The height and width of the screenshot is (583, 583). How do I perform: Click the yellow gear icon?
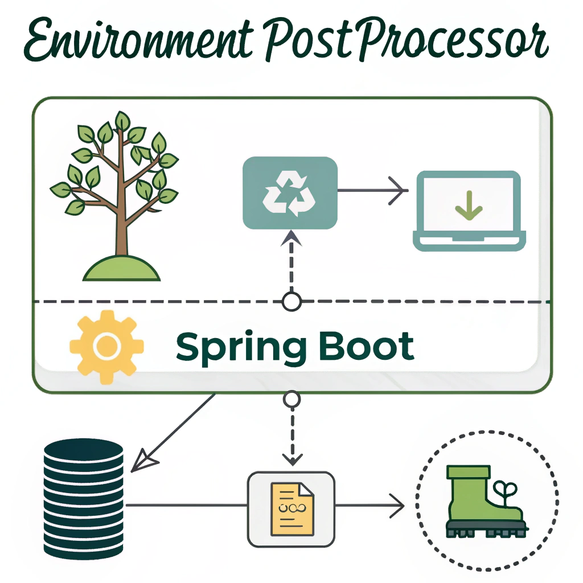[106, 346]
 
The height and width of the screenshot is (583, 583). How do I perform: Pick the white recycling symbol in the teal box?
[290, 194]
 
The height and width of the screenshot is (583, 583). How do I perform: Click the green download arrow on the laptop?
[469, 206]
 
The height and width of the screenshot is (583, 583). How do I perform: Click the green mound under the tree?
[122, 268]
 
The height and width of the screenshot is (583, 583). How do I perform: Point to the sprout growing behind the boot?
[506, 491]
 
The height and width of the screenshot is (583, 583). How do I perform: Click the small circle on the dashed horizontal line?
[291, 302]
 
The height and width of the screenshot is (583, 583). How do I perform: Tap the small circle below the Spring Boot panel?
[291, 400]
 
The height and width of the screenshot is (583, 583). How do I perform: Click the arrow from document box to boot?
[370, 504]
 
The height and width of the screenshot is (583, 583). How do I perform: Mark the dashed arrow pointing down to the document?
[291, 436]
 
